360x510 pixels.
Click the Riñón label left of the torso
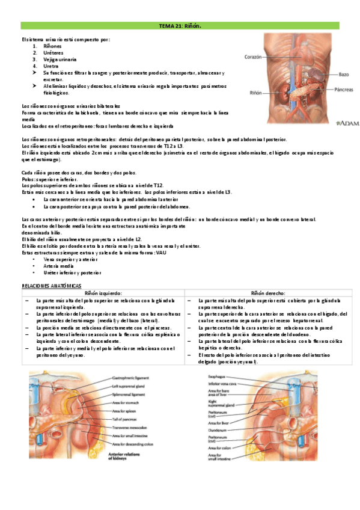pyautogui.click(x=256, y=93)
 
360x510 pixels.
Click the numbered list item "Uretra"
pyautogui.click(x=50, y=66)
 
